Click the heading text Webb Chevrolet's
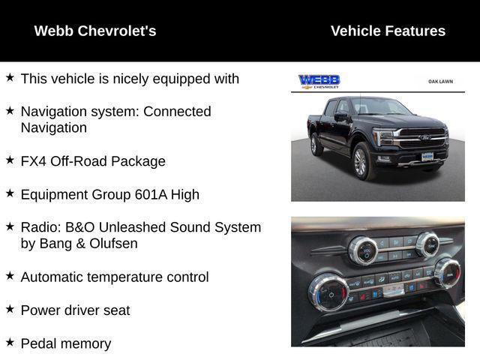pos(95,31)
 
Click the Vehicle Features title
pos(388,31)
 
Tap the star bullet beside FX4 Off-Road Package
pos(10,160)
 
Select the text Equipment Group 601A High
pos(109,194)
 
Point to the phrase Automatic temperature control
pos(115,277)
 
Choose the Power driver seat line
pos(75,310)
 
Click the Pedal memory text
pos(66,343)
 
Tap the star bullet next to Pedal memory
pos(10,343)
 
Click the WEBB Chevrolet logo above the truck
pos(319,82)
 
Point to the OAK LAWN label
pos(440,81)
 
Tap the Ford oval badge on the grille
pos(424,138)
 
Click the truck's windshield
pos(379,107)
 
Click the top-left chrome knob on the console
pos(363,250)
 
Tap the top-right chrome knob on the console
pos(427,244)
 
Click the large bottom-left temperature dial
pos(328,291)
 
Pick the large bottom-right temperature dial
pos(447,272)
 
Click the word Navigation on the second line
pos(54,127)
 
